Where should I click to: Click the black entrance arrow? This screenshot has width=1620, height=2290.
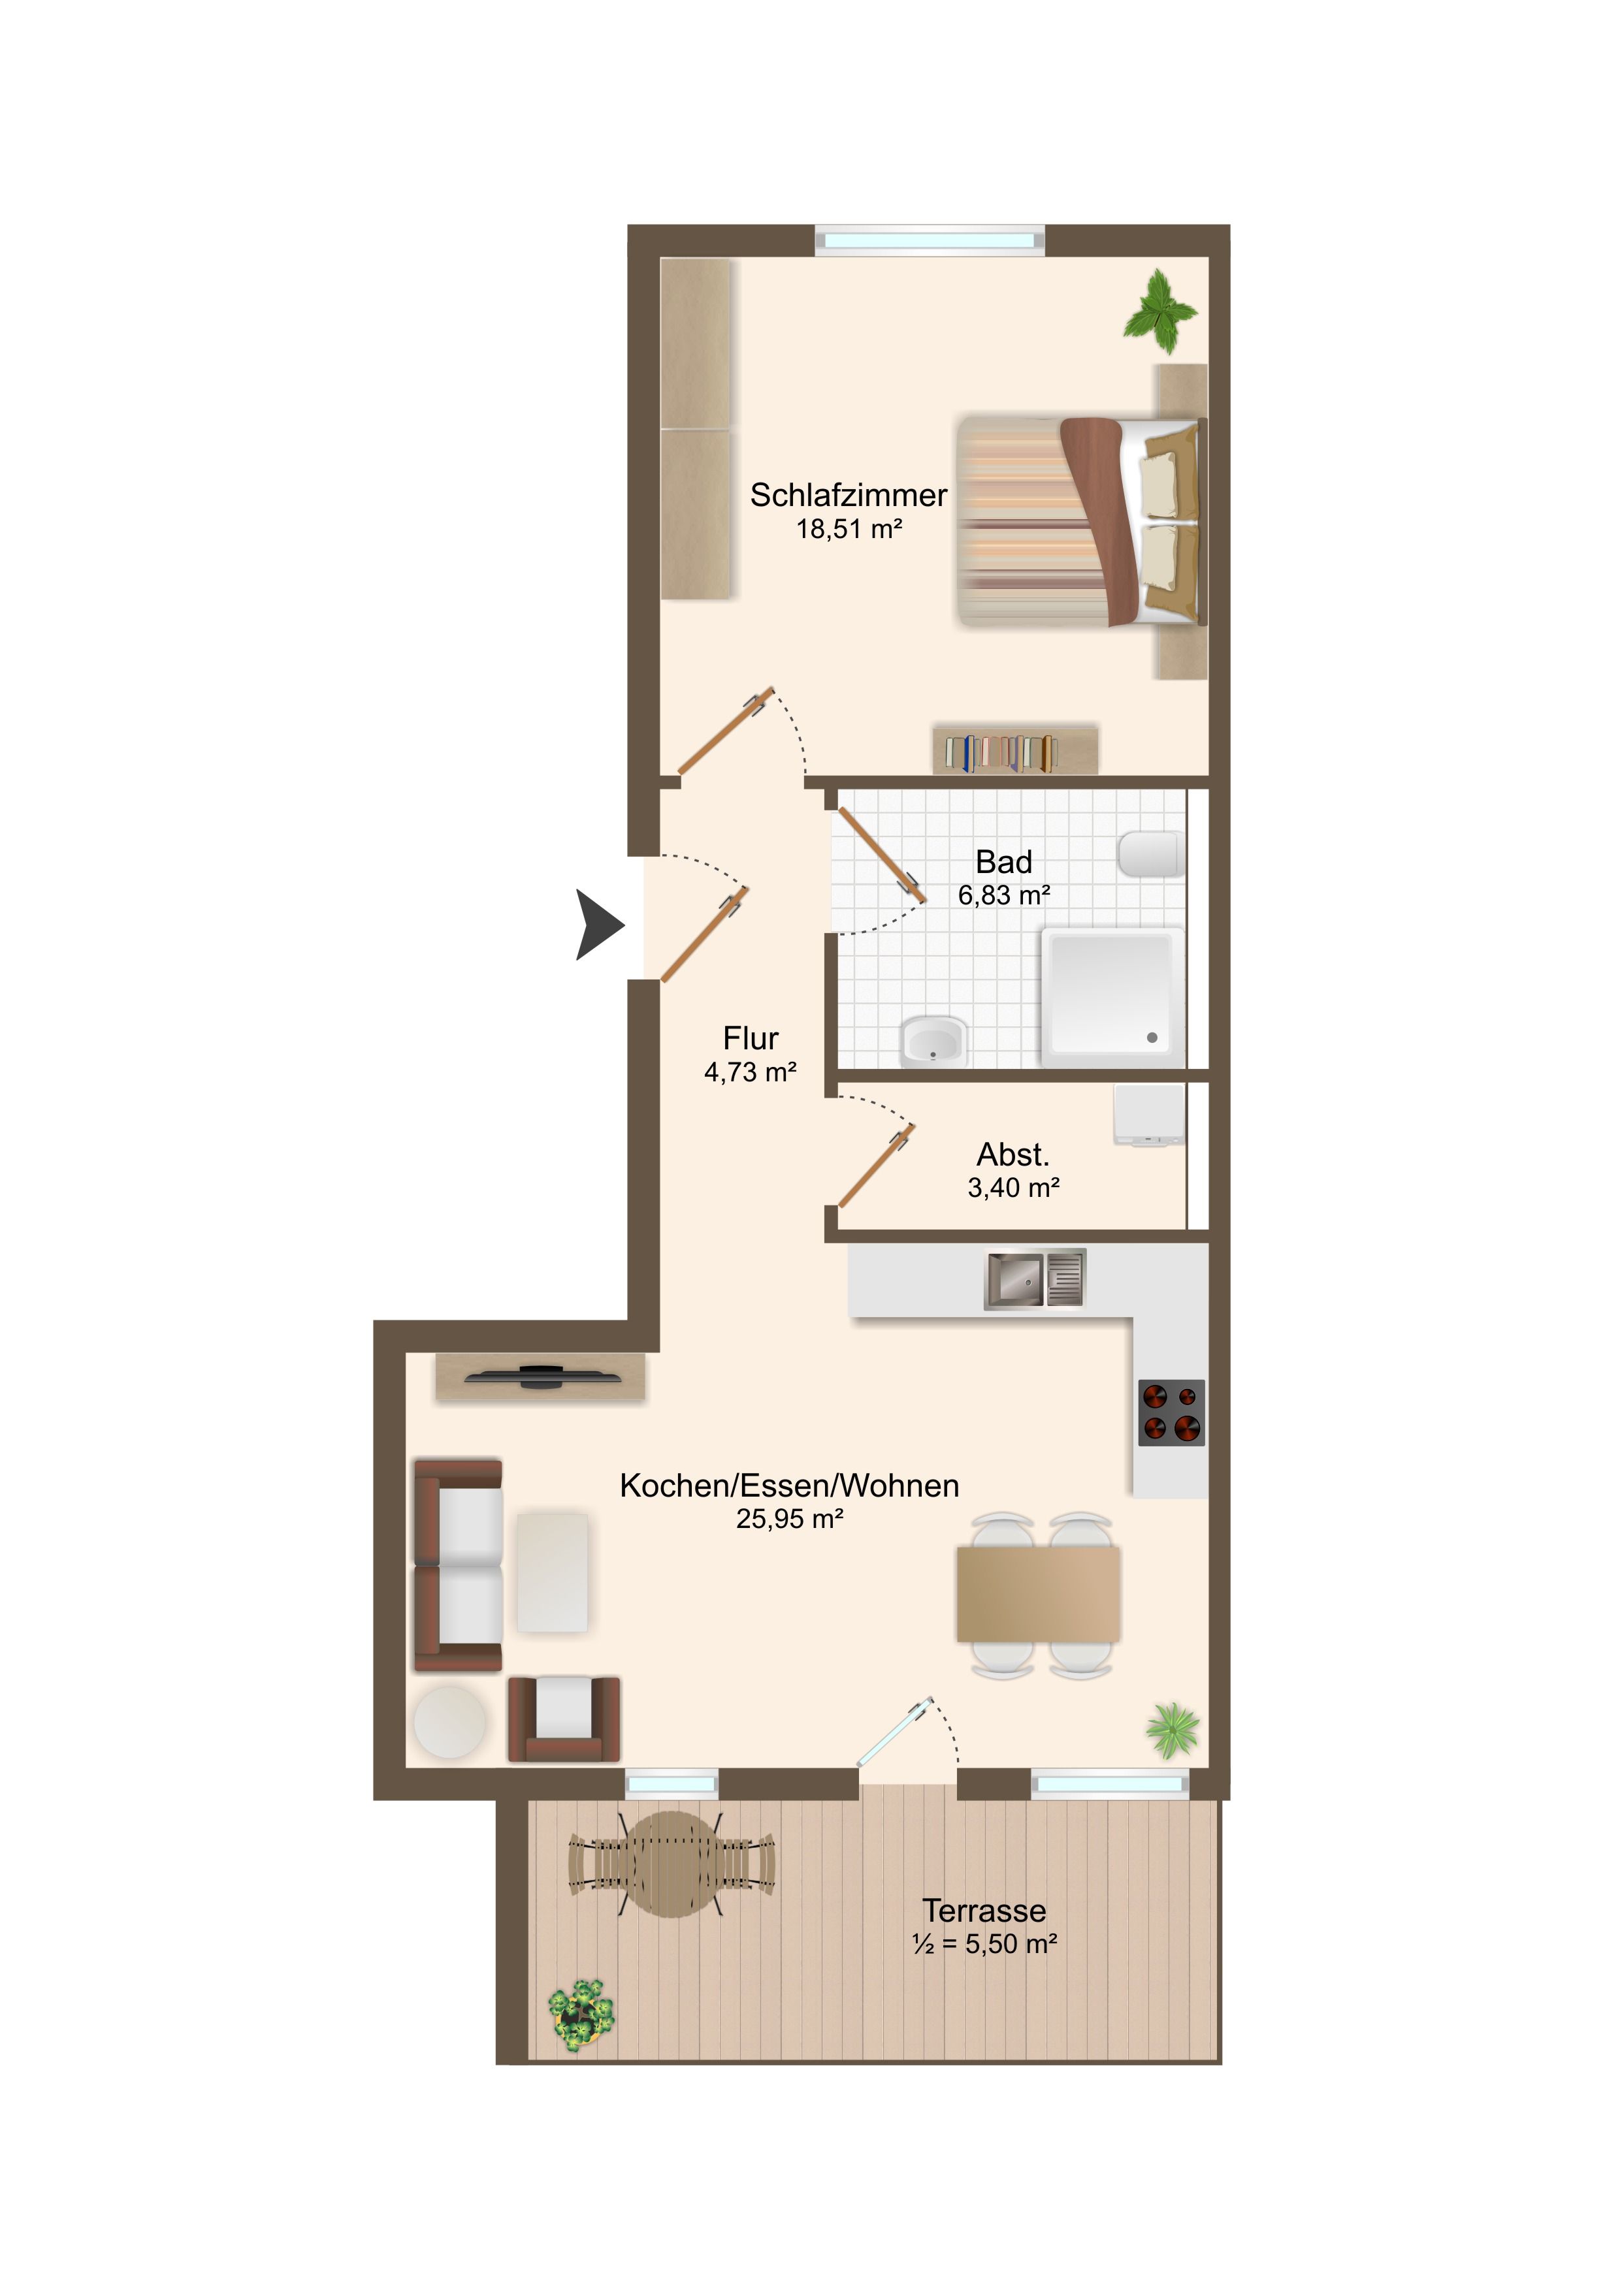click(x=600, y=925)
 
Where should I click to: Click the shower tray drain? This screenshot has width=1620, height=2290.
click(x=1152, y=1038)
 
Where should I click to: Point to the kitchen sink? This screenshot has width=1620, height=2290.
click(x=1035, y=1279)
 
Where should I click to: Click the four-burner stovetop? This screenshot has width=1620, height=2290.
click(x=1172, y=1412)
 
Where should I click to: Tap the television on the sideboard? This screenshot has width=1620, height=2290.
click(x=543, y=1376)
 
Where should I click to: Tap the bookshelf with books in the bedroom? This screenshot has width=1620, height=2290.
click(x=1014, y=750)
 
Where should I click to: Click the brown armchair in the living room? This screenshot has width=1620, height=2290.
click(x=564, y=1719)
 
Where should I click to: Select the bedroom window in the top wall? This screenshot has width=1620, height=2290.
click(x=930, y=240)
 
